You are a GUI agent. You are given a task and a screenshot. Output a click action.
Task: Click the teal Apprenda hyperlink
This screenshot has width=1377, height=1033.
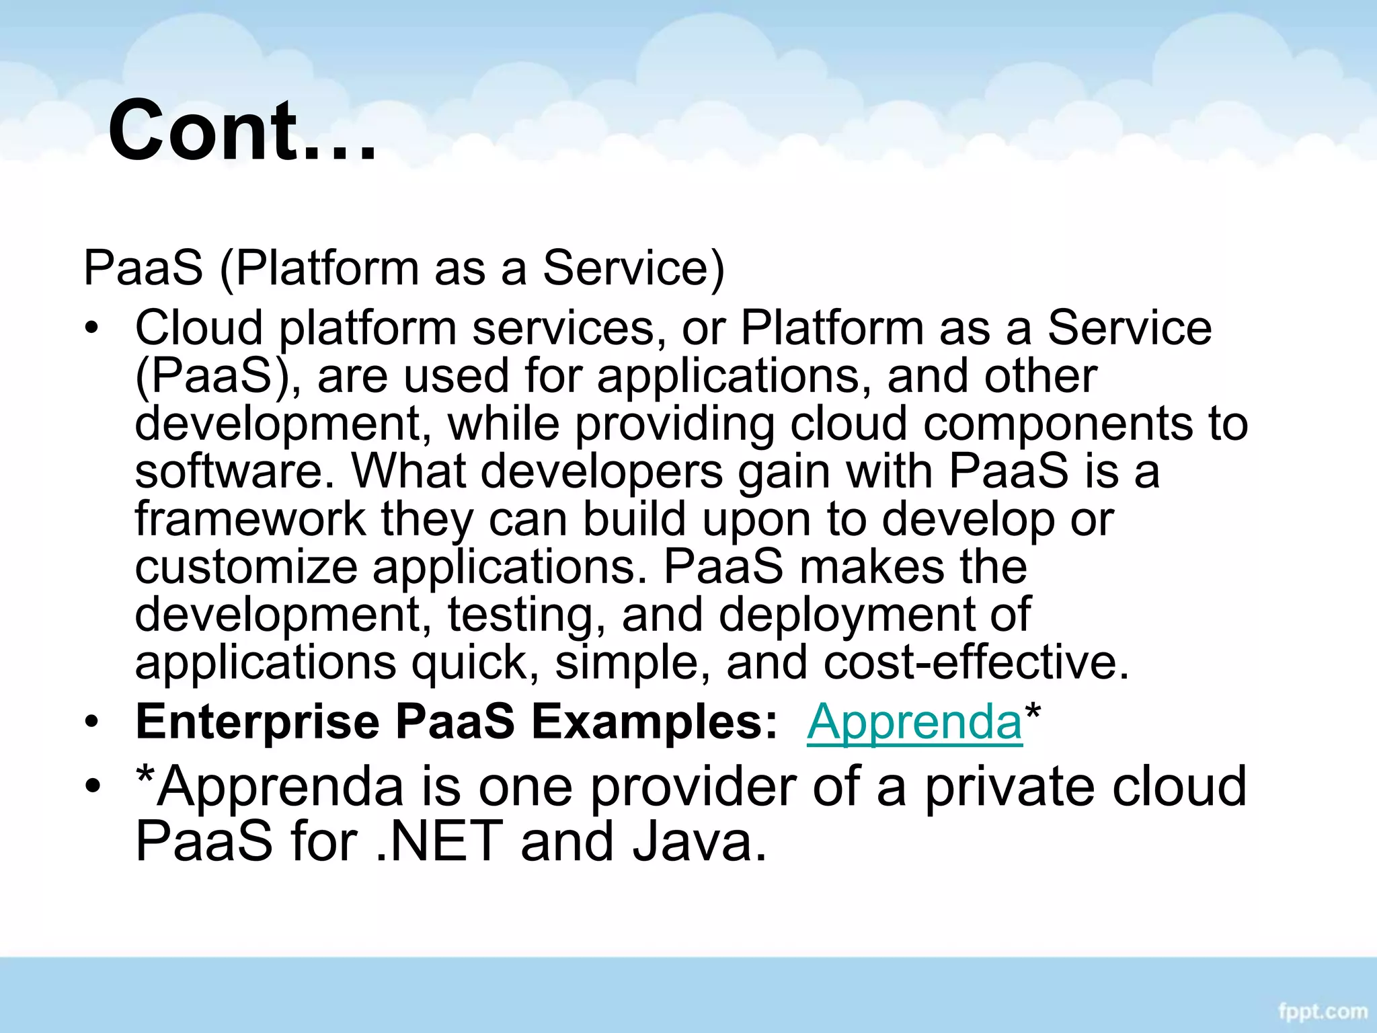pos(914,722)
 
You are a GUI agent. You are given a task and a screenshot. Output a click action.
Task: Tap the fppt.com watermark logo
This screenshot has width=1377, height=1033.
pos(1323,1011)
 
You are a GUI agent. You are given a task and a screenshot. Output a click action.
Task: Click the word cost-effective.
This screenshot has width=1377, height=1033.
pos(976,662)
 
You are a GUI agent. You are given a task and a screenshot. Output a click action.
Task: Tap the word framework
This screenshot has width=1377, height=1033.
pos(250,519)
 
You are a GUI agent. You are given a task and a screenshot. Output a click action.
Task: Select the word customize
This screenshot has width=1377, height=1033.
pos(246,567)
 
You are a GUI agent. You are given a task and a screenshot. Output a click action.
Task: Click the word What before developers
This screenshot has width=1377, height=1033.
pos(409,471)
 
